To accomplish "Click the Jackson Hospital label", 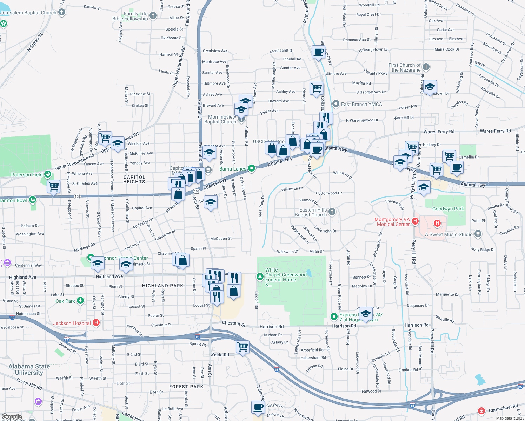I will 72,323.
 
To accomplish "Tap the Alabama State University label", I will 29,369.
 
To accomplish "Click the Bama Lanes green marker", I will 251,168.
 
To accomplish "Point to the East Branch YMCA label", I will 361,104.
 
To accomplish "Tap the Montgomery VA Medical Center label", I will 392,222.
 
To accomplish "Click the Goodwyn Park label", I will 448,209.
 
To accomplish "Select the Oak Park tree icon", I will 80,301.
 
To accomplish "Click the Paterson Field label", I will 27,175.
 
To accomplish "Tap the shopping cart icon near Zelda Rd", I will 243,347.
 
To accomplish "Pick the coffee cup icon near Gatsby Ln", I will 258,407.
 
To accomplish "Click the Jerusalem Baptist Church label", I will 28,13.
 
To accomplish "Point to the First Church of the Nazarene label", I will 404,67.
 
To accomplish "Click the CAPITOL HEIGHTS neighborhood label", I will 134,179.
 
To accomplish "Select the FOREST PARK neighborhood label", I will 186,387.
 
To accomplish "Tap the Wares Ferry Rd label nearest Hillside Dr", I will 495,131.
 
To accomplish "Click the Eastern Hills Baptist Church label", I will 311,212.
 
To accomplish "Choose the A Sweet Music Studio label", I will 448,234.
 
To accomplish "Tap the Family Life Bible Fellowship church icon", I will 153,15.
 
